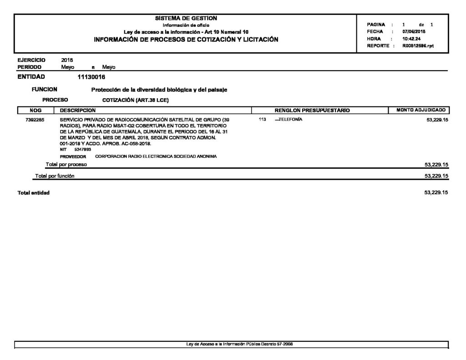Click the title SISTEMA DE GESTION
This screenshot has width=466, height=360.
(186, 18)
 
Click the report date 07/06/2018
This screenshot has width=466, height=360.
(414, 32)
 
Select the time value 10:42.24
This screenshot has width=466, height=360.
(412, 39)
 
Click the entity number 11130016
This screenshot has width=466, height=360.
(91, 77)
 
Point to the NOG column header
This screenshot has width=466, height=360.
(35, 110)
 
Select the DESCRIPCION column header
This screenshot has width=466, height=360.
(78, 110)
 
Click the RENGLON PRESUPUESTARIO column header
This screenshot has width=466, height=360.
(312, 110)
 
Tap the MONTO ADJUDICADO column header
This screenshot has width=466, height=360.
(419, 110)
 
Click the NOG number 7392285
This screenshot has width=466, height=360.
(35, 119)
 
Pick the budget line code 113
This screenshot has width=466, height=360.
(262, 119)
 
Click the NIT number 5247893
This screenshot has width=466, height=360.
(82, 149)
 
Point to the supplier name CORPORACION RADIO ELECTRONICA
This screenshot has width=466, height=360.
(156, 156)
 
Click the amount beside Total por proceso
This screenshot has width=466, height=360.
(436, 165)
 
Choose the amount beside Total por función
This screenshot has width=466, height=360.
(436, 176)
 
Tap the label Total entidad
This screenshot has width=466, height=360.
(34, 193)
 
